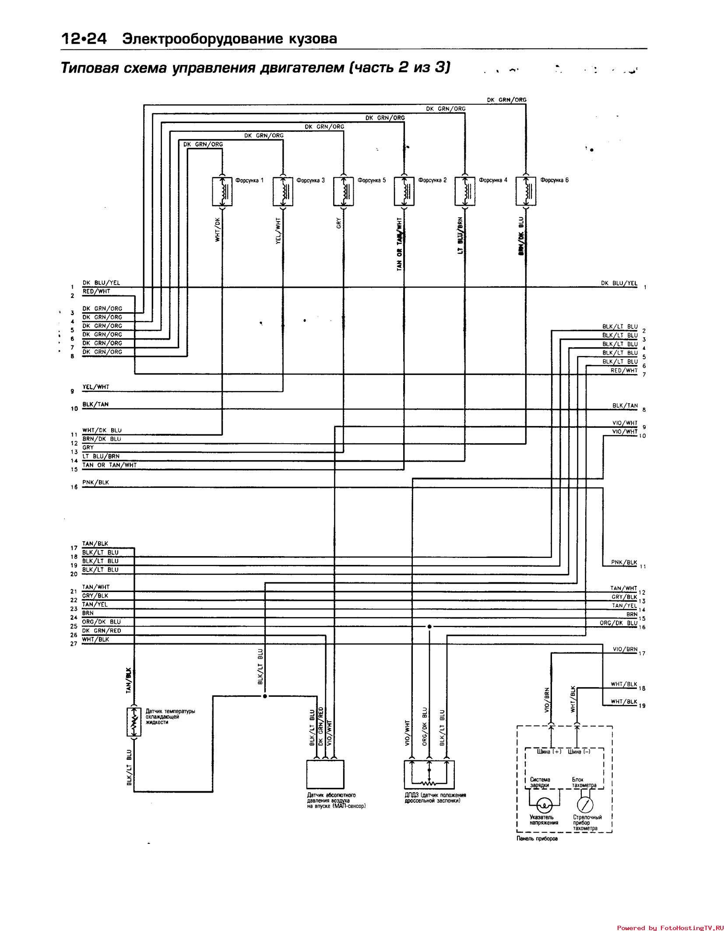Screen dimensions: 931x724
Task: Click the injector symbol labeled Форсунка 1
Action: (222, 191)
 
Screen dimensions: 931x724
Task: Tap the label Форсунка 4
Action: (493, 180)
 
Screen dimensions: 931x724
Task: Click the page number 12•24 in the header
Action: (84, 39)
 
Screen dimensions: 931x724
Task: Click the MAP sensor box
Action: (325, 774)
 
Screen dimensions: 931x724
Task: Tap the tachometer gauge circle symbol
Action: (585, 804)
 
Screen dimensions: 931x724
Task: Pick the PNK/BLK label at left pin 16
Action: (95, 482)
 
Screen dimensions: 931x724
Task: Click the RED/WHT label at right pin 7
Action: (624, 370)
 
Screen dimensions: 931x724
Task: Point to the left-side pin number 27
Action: (74, 644)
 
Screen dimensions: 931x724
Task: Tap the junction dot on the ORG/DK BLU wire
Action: (429, 627)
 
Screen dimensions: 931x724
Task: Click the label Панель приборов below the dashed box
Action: (537, 839)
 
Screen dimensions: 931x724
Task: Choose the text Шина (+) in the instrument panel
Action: (549, 751)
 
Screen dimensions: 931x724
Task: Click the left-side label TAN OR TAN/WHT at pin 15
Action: (109, 465)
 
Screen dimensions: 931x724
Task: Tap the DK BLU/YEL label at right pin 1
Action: (619, 283)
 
